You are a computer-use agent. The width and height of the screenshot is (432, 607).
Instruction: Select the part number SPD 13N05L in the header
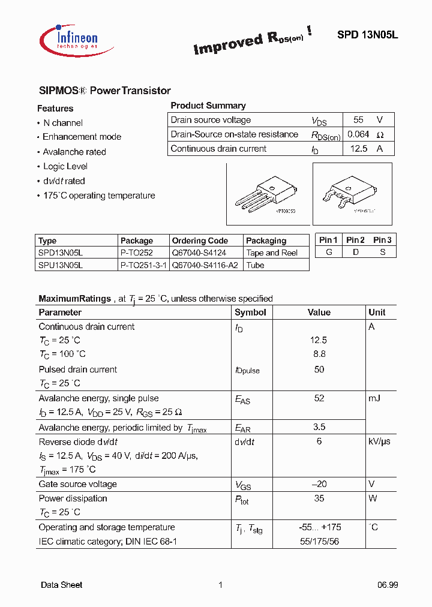367,35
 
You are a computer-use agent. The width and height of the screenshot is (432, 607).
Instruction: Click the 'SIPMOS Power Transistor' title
105,91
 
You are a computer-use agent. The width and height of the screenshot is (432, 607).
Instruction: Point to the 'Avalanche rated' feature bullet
74,152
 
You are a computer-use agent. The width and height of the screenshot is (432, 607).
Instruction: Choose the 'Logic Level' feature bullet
65,166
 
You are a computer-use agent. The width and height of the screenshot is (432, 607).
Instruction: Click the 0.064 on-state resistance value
358,134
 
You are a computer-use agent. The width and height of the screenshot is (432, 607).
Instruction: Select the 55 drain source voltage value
358,120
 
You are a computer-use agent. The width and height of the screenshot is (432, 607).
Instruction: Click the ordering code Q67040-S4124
199,253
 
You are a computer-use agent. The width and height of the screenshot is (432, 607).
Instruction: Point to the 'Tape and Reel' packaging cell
272,253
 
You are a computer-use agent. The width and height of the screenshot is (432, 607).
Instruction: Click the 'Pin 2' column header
355,240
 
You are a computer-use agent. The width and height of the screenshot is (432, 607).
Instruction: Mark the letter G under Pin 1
329,252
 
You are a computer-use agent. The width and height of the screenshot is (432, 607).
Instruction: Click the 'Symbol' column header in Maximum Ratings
250,312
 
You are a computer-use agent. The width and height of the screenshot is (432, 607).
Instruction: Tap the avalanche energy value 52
319,398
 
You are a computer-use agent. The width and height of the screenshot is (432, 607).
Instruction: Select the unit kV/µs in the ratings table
379,441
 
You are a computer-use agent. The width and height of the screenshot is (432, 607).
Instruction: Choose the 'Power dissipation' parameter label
73,498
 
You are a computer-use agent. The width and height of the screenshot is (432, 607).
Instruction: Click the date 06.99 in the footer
388,585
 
